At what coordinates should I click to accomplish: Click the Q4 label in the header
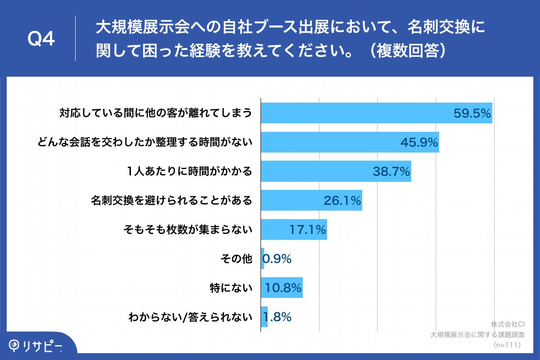(41, 39)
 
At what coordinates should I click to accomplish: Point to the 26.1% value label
(342, 201)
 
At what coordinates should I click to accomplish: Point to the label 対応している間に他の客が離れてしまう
(156, 113)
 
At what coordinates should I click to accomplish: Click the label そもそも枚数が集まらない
(188, 230)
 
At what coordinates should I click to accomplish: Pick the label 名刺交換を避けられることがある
(171, 201)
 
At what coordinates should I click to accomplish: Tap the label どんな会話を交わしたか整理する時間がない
(144, 143)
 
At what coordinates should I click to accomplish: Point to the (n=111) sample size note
(507, 344)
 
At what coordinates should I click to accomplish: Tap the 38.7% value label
(391, 171)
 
